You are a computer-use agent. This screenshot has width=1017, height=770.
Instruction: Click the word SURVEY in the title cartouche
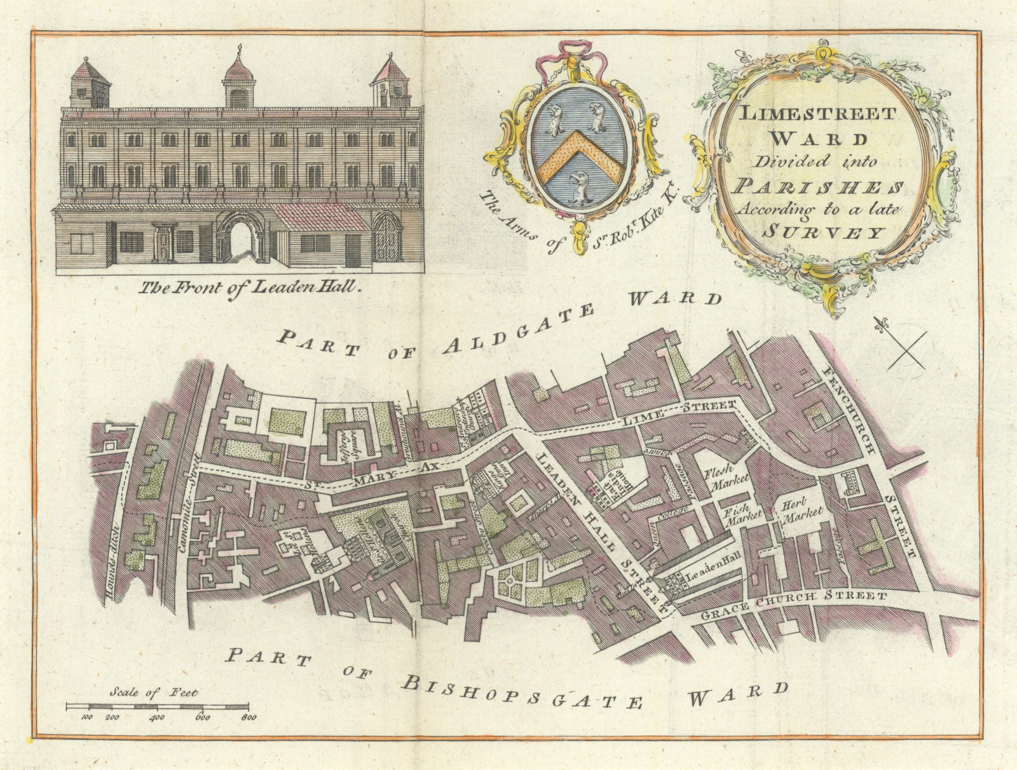click(x=823, y=233)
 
